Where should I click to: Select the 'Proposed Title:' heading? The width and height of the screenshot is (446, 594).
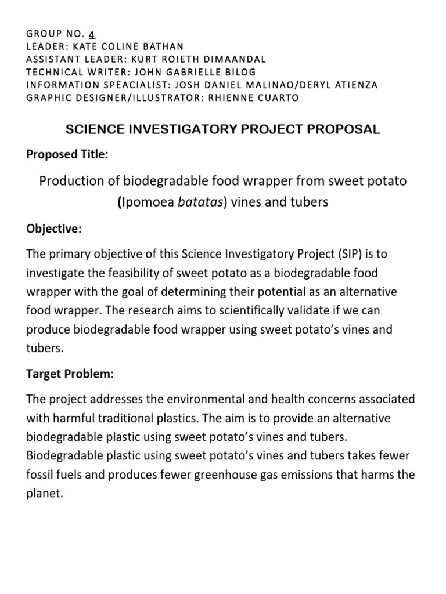click(67, 154)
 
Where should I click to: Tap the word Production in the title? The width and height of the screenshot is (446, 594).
click(69, 181)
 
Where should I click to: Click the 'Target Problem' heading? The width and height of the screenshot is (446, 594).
click(69, 374)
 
